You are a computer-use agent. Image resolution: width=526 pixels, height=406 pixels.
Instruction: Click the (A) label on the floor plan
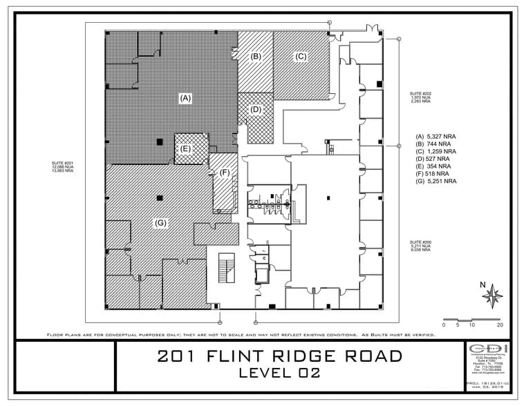[x=185, y=99]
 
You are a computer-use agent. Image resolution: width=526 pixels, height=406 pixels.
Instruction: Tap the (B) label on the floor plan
[x=255, y=56]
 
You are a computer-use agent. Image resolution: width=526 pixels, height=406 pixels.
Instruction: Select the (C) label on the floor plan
[x=301, y=57]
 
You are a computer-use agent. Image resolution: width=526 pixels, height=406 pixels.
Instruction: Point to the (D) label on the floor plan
[x=256, y=109]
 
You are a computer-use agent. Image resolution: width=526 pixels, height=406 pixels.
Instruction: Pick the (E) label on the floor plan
[x=185, y=148]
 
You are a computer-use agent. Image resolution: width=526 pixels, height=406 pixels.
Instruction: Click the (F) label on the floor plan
[x=224, y=173]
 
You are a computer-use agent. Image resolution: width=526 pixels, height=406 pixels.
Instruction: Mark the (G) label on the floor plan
[x=160, y=222]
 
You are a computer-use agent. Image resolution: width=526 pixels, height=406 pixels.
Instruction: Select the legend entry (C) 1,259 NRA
[x=435, y=151]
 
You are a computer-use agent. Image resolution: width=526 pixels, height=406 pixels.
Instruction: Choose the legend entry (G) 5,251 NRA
[x=435, y=181]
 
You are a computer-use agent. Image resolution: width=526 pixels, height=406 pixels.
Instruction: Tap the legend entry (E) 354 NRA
[x=433, y=166]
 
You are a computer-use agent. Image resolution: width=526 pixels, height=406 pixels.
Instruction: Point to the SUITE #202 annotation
[x=420, y=97]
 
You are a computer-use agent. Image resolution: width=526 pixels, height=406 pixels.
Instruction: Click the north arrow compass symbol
[x=492, y=296]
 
